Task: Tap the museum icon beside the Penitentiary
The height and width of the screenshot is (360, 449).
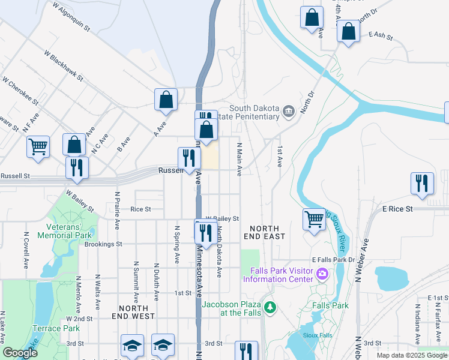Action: click(x=288, y=111)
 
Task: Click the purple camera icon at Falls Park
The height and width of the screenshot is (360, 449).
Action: click(x=323, y=274)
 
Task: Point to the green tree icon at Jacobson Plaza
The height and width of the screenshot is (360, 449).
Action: click(x=271, y=307)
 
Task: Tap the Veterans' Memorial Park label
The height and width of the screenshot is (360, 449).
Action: click(x=69, y=231)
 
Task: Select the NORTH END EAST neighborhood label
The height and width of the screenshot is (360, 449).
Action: click(x=261, y=232)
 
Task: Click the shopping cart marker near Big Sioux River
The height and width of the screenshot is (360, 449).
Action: click(x=314, y=220)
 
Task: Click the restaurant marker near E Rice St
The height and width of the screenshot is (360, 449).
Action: click(x=421, y=184)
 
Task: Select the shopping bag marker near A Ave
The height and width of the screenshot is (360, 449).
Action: click(x=166, y=100)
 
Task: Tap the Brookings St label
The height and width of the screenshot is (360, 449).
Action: click(x=103, y=244)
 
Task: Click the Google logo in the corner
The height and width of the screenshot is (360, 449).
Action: click(x=20, y=353)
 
